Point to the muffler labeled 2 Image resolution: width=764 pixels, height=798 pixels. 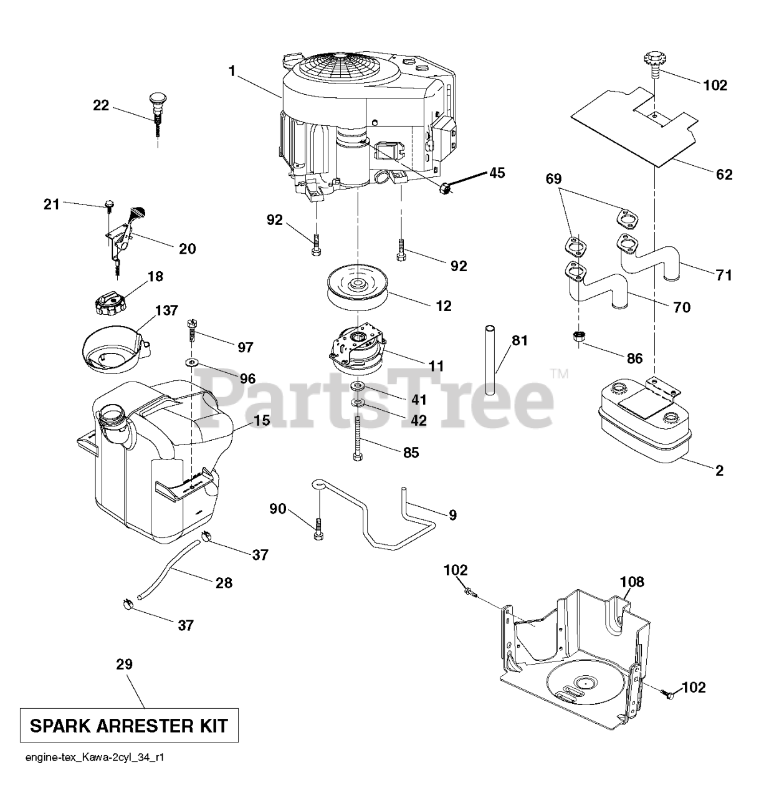click(645, 419)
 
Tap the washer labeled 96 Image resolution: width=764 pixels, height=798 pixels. click(191, 362)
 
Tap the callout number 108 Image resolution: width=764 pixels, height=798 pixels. click(632, 582)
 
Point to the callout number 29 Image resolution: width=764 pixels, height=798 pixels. click(125, 664)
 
